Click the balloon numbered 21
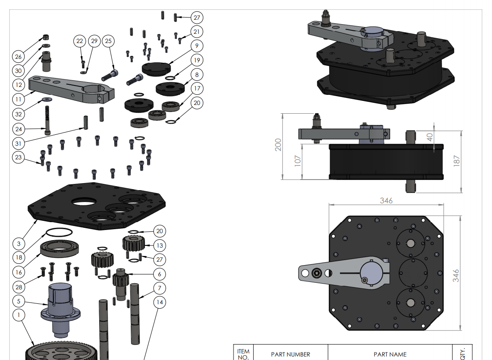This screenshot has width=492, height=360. pos(196,32)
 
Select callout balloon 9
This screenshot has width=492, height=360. pos(196,46)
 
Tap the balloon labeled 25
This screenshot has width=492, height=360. pos(108,41)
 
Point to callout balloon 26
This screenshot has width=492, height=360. pos(18,57)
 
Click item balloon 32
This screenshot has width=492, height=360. pos(18,114)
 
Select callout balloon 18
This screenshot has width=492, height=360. pos(18,257)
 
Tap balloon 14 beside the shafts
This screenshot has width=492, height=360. pos(159,302)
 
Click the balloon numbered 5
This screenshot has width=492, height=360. pos(18,301)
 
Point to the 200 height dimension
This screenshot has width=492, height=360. pos(278,145)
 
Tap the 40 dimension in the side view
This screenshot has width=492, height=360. pos(430,136)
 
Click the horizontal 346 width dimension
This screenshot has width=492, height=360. pos(386,201)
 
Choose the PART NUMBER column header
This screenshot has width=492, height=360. pos(290,354)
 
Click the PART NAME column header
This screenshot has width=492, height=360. pos(390,354)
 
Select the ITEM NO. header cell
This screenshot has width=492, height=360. pos(243,354)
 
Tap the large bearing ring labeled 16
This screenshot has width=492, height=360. pos(60,248)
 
